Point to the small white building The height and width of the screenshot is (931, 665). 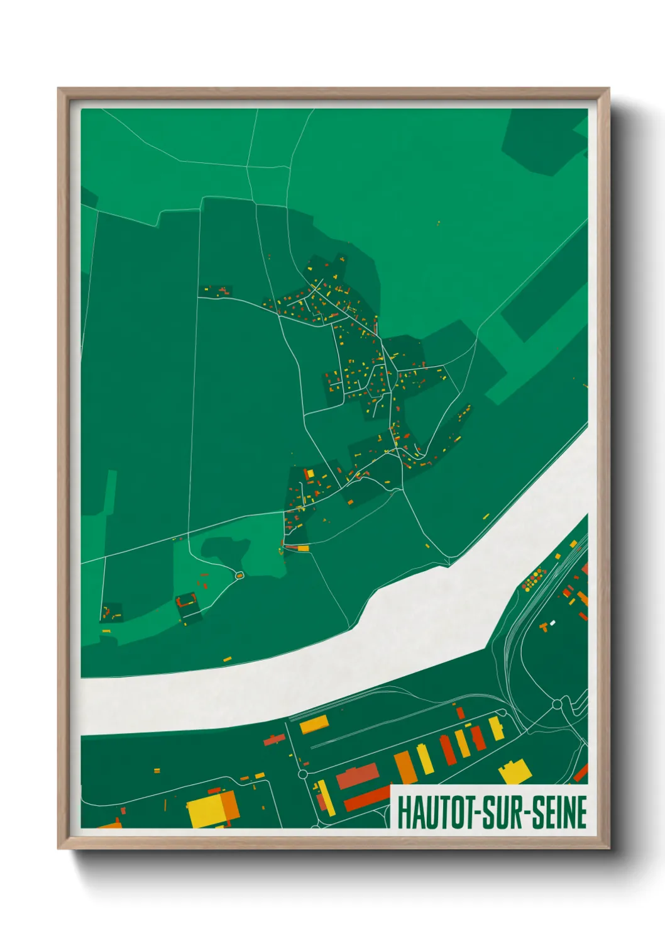(552, 623)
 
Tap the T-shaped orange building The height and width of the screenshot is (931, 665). (544, 627)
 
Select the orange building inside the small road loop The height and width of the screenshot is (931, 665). (239, 575)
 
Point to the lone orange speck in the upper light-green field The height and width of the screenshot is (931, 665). (439, 223)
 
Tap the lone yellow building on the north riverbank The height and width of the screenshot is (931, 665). (227, 659)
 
